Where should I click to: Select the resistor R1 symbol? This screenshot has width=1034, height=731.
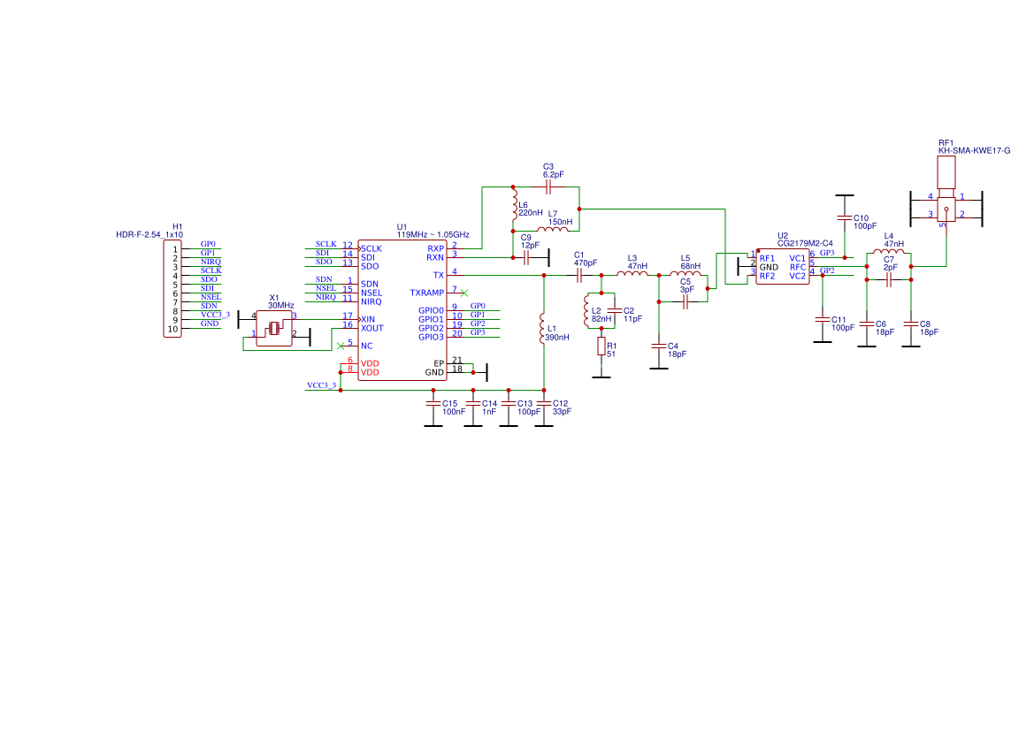[x=601, y=346]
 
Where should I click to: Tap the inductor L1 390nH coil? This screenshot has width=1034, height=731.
[x=543, y=329]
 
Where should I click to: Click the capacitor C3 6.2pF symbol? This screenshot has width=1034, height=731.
[x=548, y=187]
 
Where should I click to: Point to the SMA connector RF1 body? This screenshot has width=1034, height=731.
[x=946, y=209]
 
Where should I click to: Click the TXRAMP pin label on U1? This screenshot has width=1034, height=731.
[x=426, y=293]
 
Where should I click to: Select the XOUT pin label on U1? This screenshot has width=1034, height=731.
[x=371, y=328]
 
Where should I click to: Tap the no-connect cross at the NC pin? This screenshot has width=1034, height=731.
[x=341, y=346]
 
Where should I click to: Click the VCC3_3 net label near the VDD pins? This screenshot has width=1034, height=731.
[x=320, y=386]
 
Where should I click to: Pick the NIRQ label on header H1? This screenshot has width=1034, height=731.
[x=211, y=262]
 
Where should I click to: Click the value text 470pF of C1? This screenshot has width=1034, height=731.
[x=585, y=263]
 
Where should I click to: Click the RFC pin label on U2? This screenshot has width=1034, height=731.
[x=797, y=267]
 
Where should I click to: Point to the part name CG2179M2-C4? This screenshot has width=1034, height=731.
[x=805, y=243]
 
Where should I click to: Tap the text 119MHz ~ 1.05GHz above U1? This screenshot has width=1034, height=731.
[x=433, y=235]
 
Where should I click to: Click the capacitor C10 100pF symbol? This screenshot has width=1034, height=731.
[x=845, y=217]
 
